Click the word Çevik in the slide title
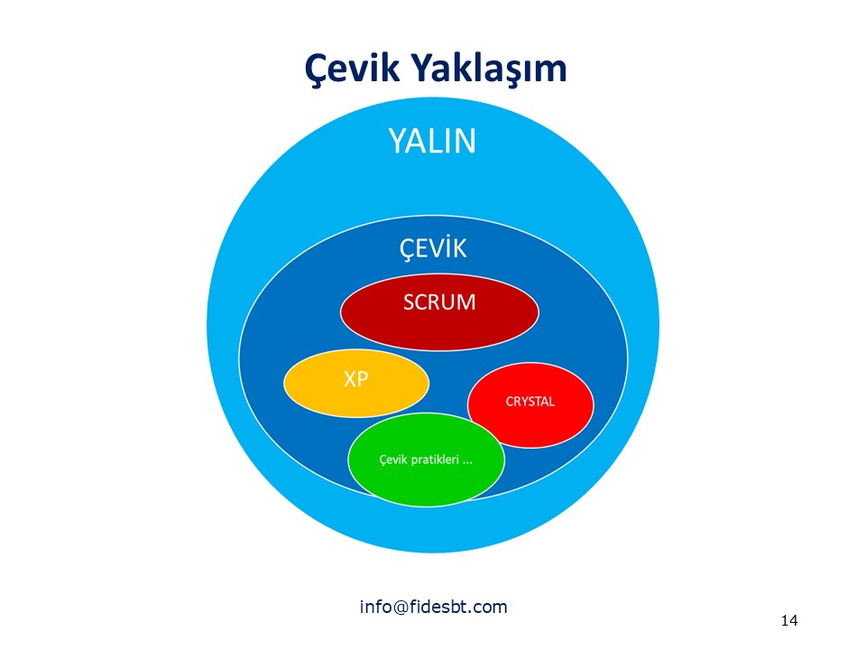tap(351, 69)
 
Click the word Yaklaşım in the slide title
tap(489, 69)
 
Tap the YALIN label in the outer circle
tap(432, 141)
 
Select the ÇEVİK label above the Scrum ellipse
tap(433, 248)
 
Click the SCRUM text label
tap(439, 302)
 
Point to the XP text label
tap(355, 378)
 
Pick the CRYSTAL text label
tap(530, 401)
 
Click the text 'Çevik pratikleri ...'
tap(426, 460)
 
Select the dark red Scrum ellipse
tap(439, 313)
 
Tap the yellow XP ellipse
tap(356, 383)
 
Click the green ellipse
tap(427, 460)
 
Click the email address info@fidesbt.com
tap(434, 607)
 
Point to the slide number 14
tap(789, 621)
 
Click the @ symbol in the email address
tap(401, 608)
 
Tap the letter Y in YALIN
tap(397, 141)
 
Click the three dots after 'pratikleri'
tap(468, 462)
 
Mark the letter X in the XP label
tap(350, 378)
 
